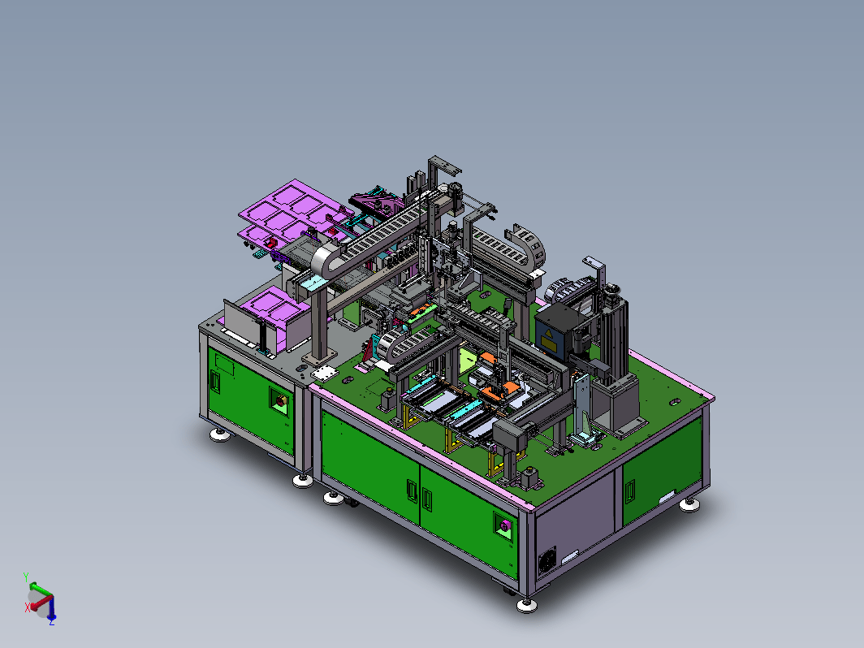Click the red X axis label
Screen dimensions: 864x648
tap(28, 607)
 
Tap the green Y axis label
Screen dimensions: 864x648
tap(26, 577)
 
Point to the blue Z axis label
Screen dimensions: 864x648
tap(52, 621)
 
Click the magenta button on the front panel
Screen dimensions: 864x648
tap(505, 526)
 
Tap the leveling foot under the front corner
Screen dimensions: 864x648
tap(527, 605)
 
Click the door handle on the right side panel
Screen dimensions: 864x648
tap(630, 491)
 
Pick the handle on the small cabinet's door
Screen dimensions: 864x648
tap(215, 382)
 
